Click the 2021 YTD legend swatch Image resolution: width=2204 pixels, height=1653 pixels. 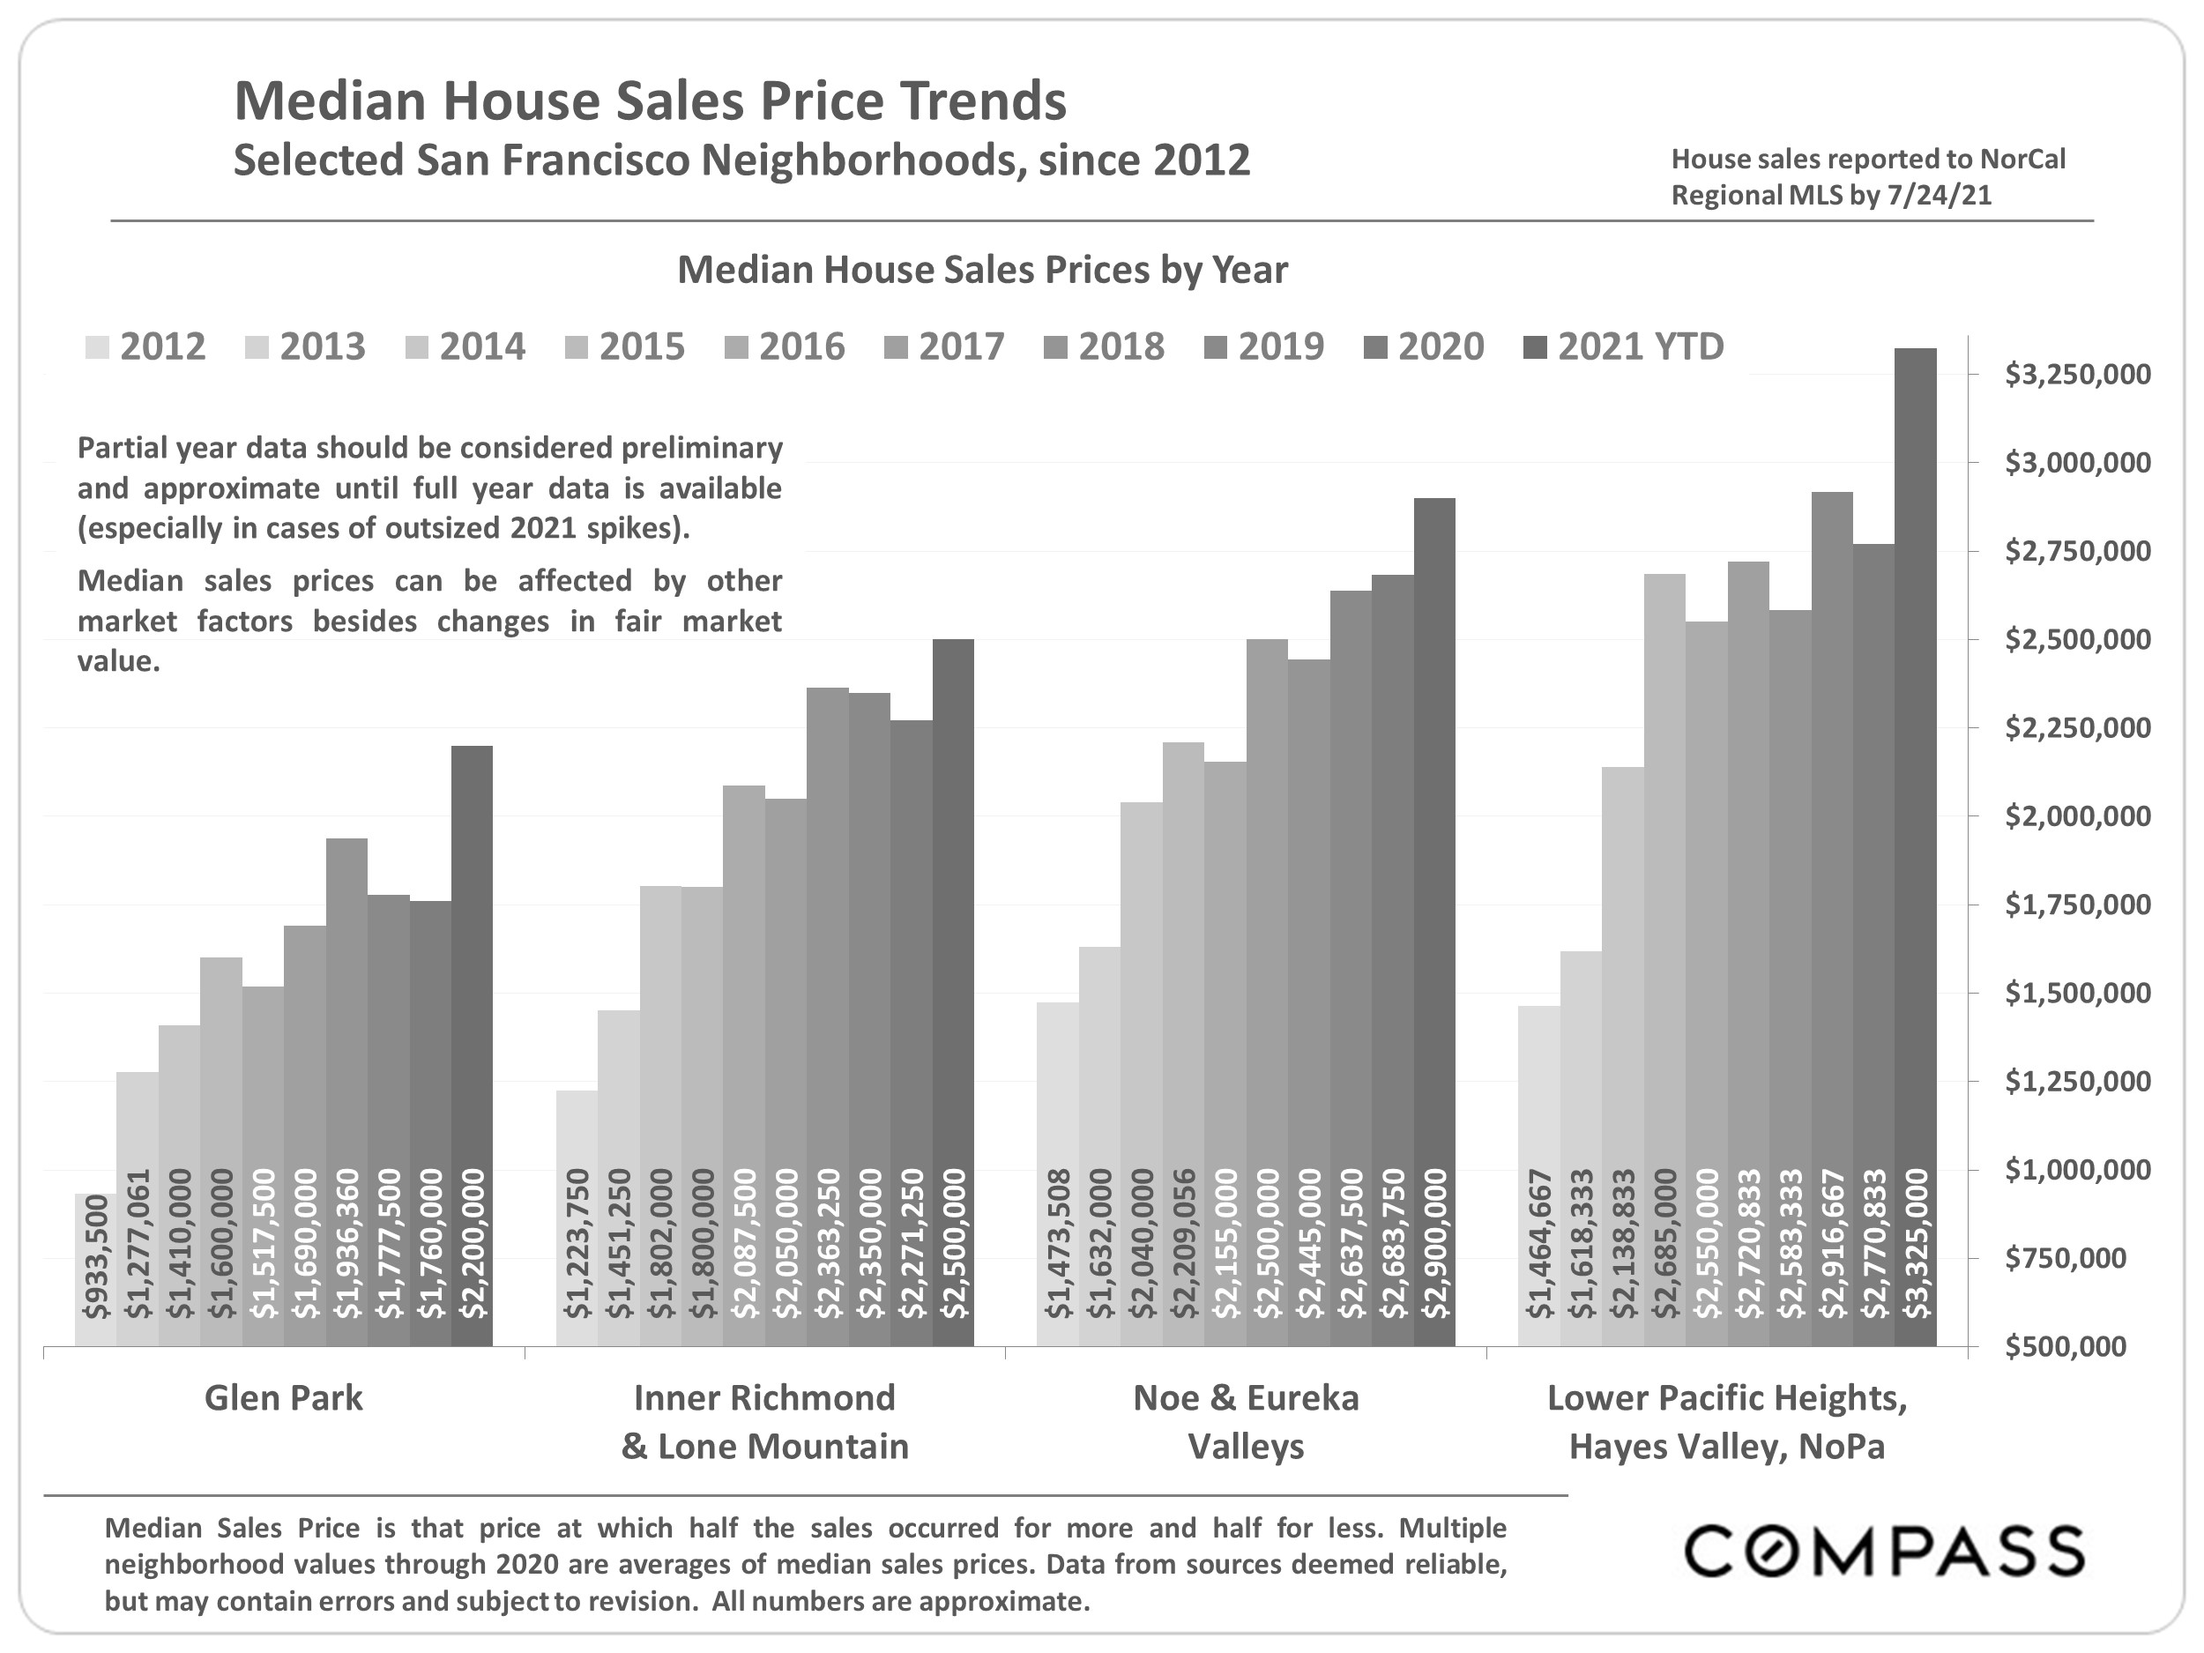pyautogui.click(x=1537, y=347)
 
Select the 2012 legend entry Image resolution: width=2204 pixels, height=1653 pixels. pyautogui.click(x=145, y=346)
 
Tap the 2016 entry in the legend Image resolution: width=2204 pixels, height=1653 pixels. pyautogui.click(x=786, y=346)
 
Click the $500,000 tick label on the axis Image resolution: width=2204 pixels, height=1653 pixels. pyautogui.click(x=2076, y=1346)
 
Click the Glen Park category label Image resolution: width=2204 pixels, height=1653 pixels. pyautogui.click(x=284, y=1398)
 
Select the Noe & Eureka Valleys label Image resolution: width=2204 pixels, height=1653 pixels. pyautogui.click(x=1246, y=1422)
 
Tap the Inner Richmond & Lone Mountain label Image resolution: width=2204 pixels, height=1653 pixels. pyautogui.click(x=764, y=1422)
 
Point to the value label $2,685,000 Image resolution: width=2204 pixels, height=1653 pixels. pyautogui.click(x=1665, y=1243)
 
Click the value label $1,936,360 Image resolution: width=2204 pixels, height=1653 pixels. pyautogui.click(x=346, y=1243)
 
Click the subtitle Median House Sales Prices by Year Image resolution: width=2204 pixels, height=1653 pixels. pyautogui.click(x=982, y=270)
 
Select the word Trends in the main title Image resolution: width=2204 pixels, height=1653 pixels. pyautogui.click(x=984, y=101)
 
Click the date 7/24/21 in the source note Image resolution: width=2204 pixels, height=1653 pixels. pyautogui.click(x=1939, y=196)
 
